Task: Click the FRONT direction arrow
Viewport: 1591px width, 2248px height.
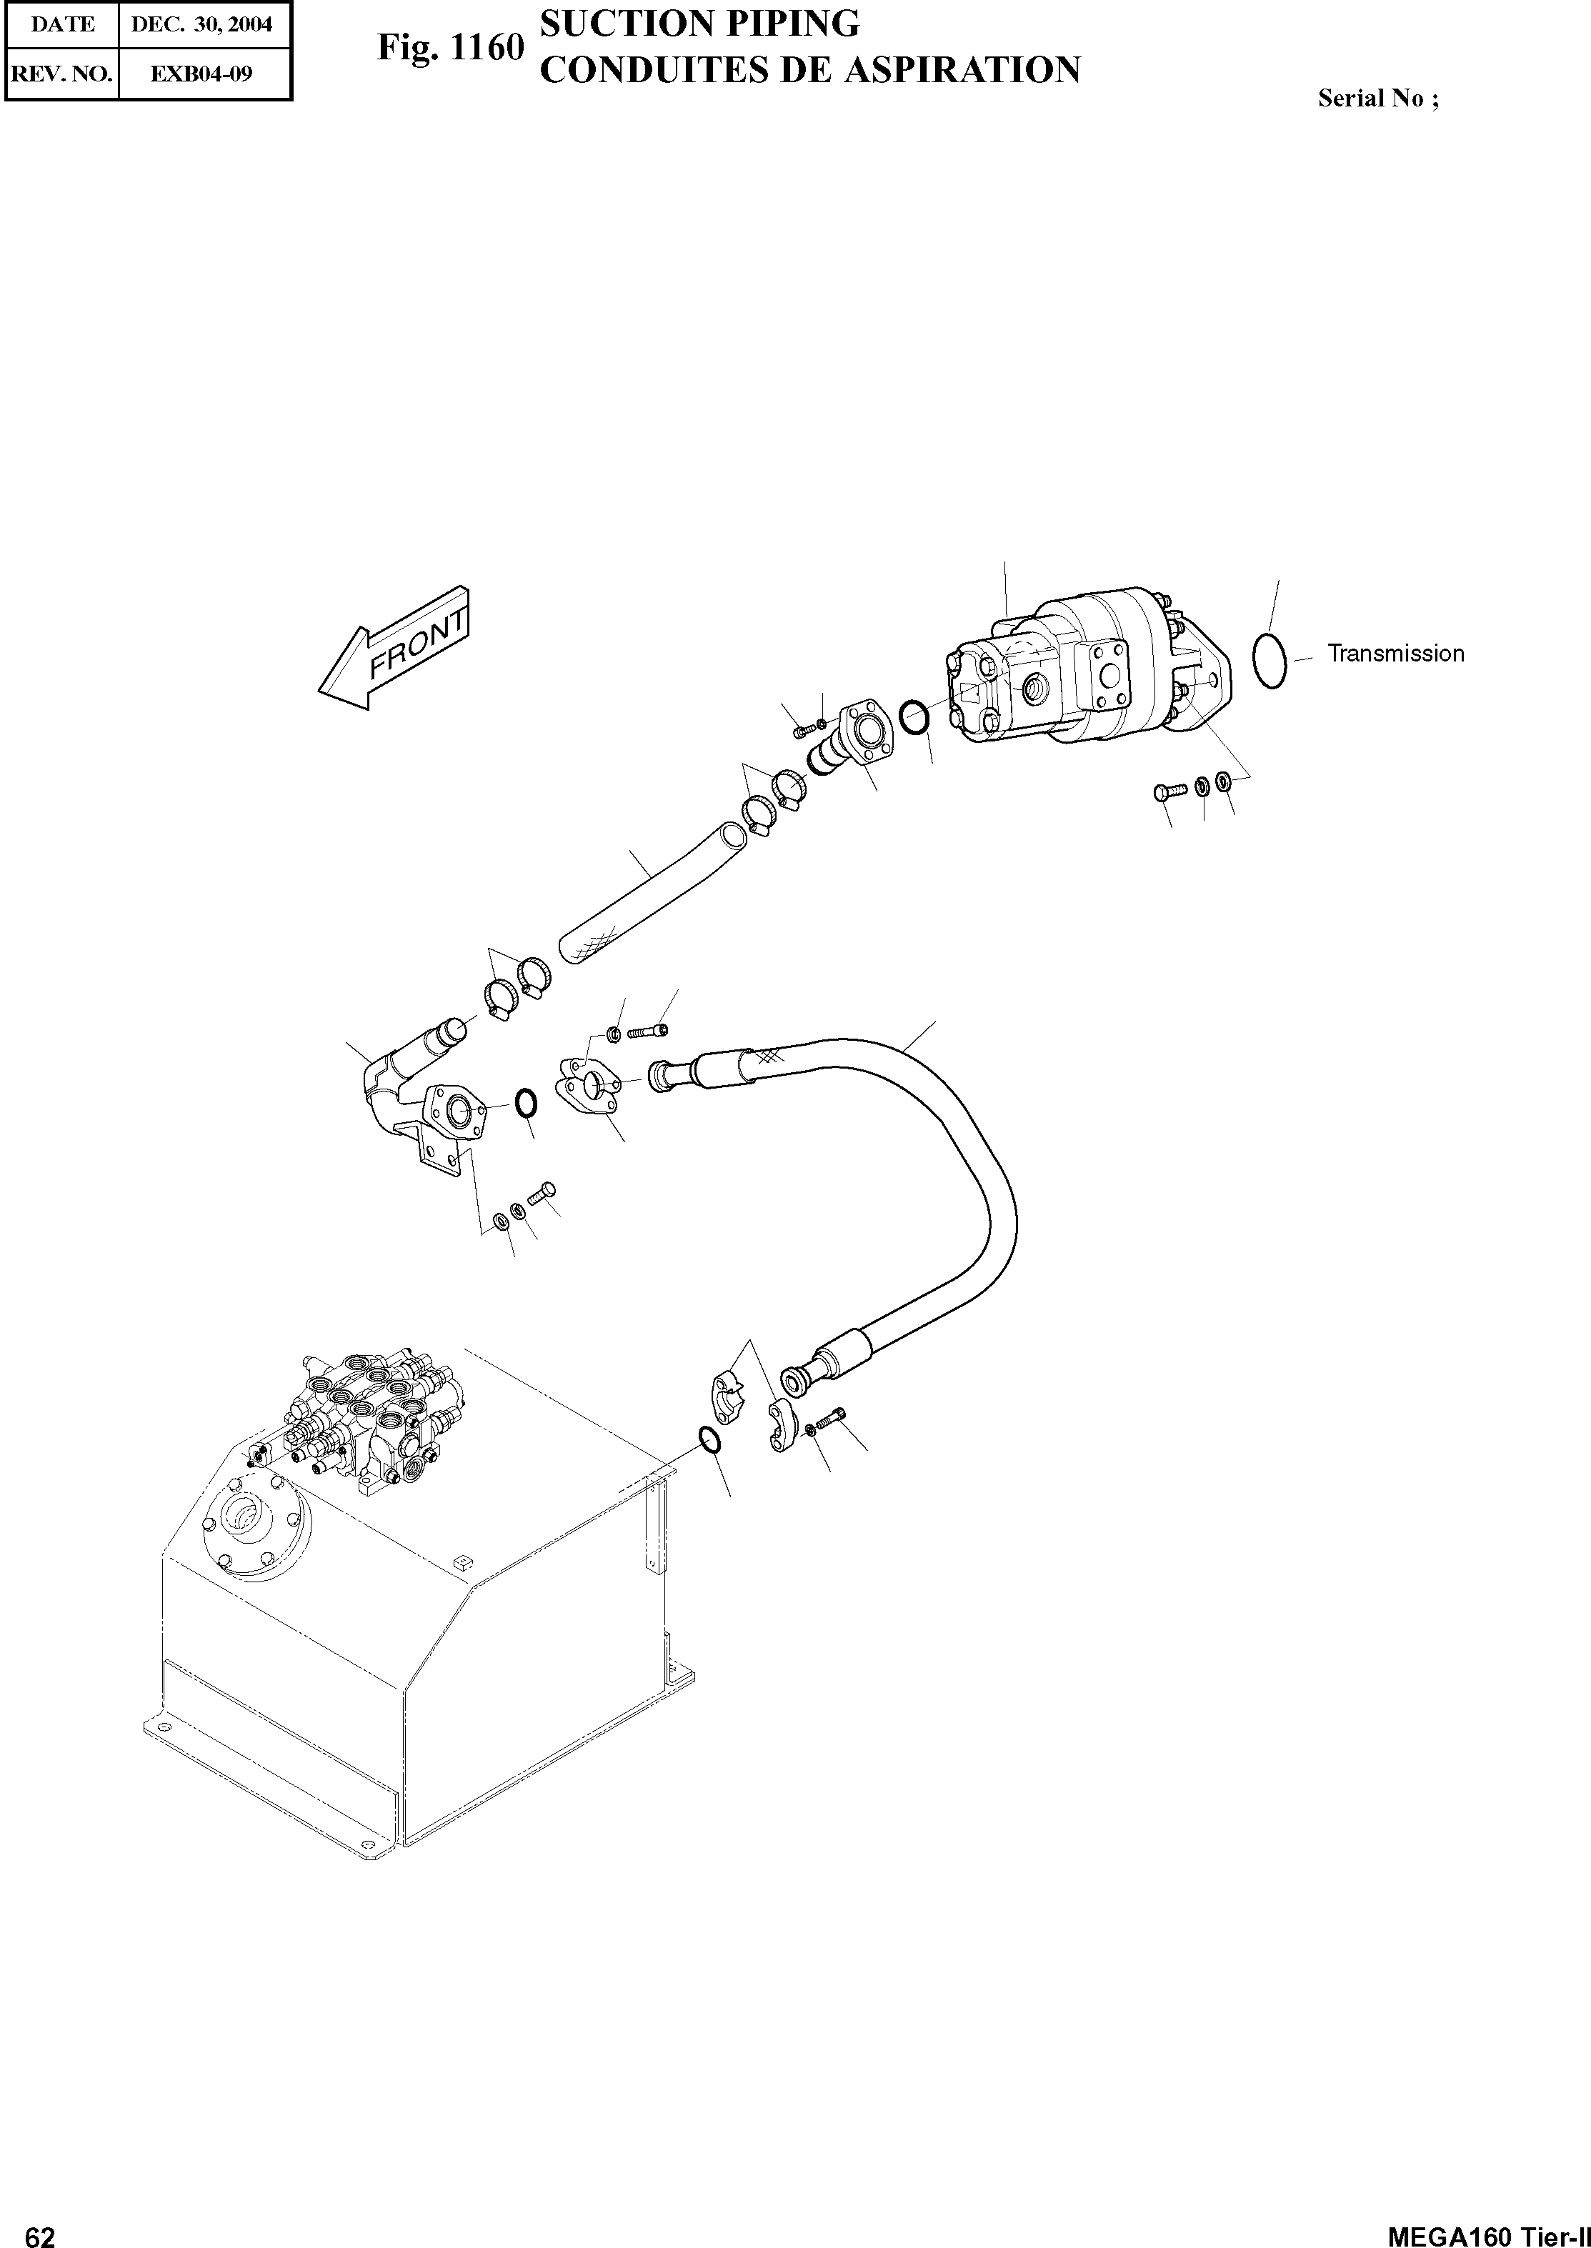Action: pos(396,649)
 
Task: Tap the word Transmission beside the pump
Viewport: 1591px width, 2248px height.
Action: pos(1395,654)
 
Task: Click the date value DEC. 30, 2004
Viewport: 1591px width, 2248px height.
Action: pos(201,24)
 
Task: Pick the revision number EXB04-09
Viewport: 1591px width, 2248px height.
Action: pos(201,74)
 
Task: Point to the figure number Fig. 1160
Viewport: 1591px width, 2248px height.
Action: pos(451,47)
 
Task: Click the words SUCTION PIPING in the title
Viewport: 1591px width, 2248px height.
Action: pos(699,24)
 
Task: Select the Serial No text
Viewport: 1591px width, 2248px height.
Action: pos(1377,98)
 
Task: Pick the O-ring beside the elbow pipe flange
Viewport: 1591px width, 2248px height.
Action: pos(525,1104)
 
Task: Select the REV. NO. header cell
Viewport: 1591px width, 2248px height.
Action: pos(61,74)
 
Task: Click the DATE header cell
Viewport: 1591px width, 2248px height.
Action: pos(61,24)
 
